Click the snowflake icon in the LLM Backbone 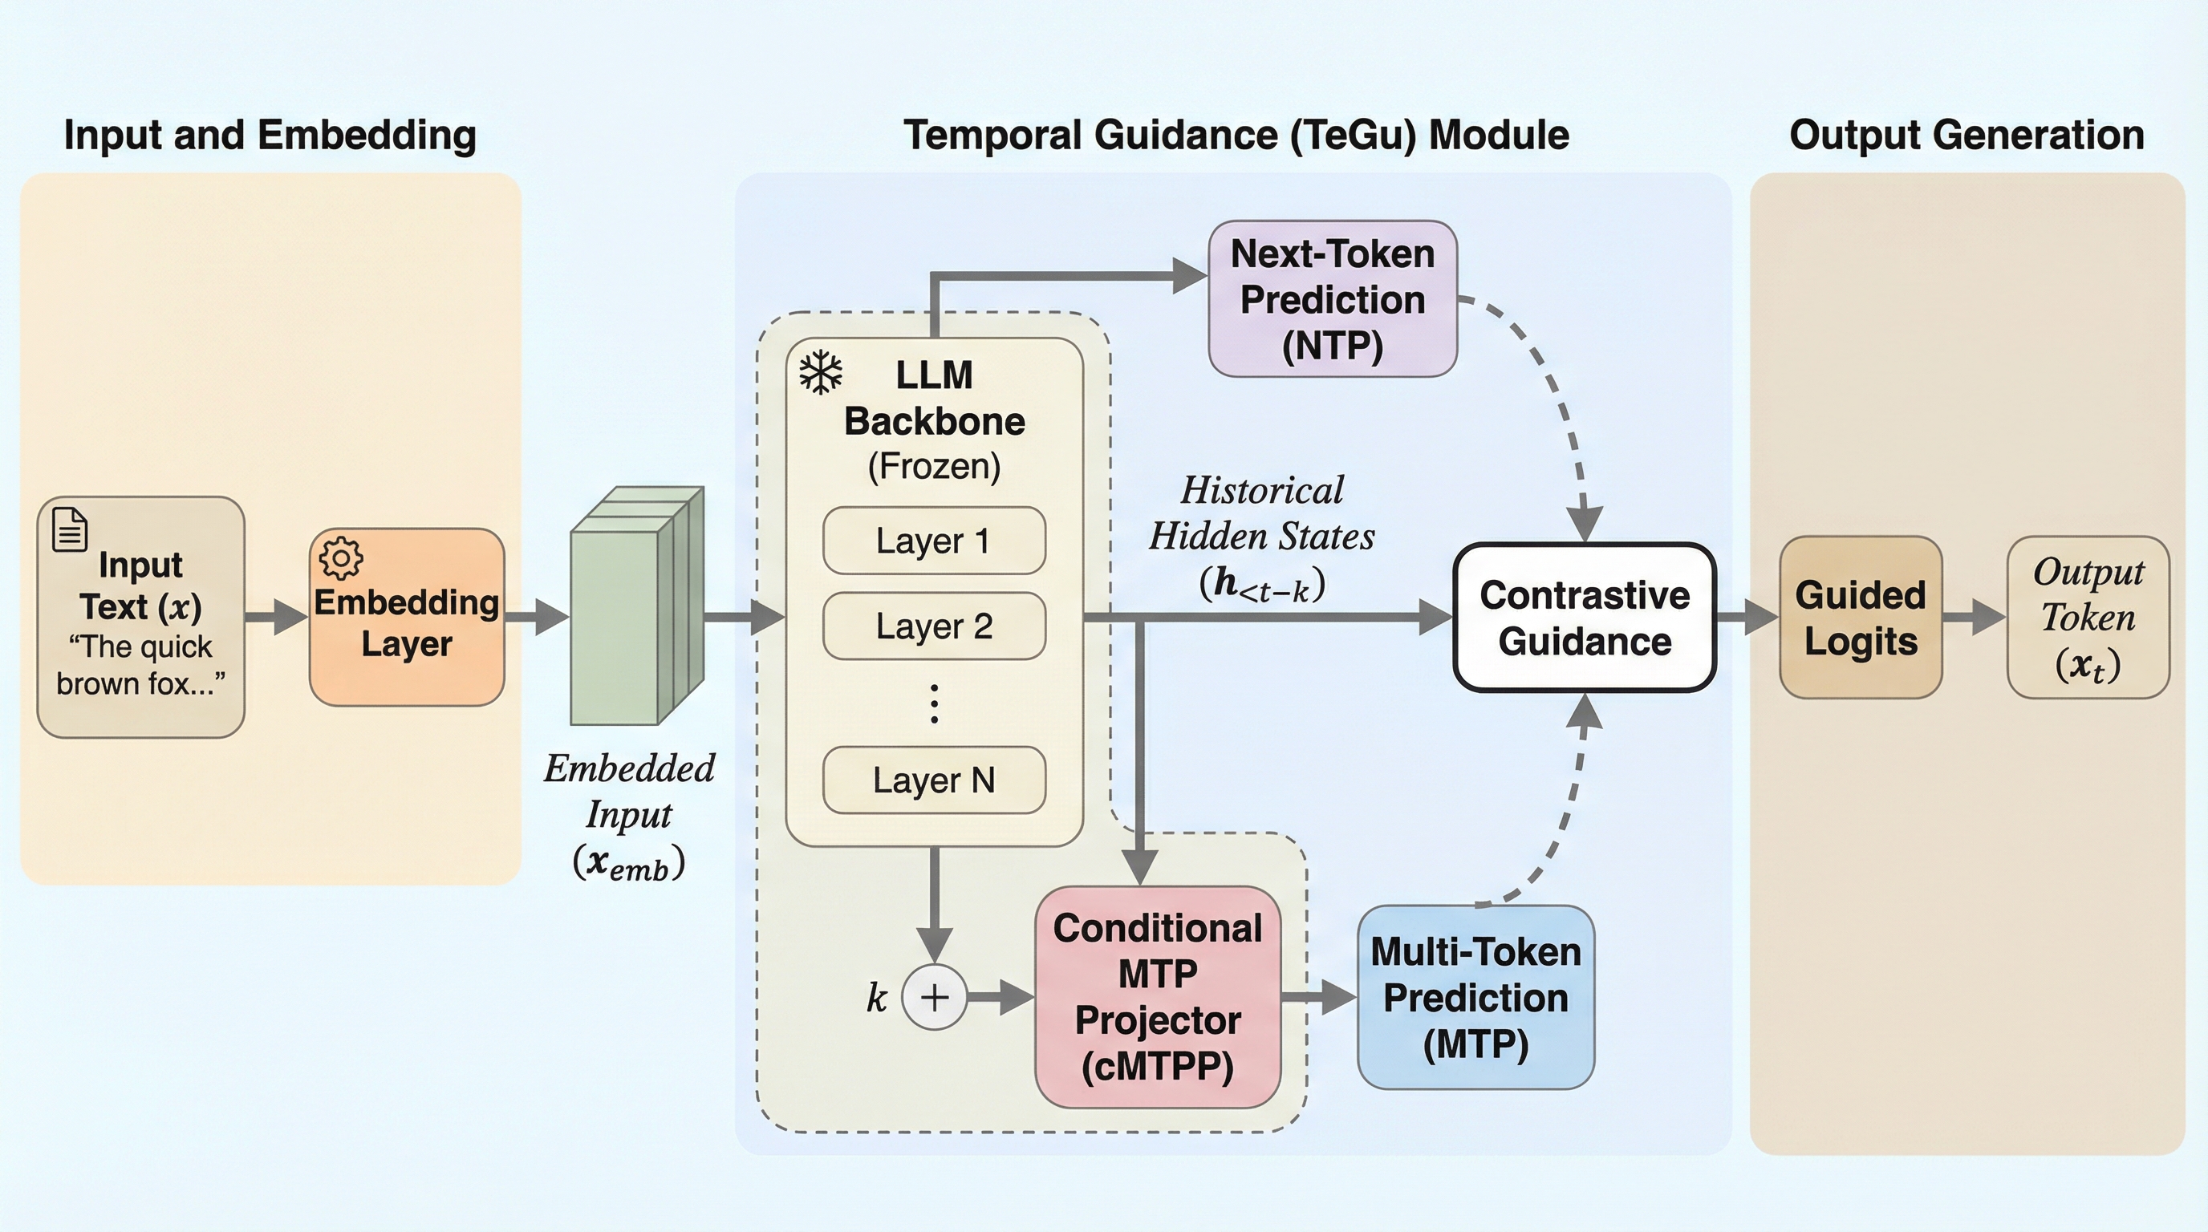820,372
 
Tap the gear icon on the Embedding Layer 340,558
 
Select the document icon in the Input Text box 70,529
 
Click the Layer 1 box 933,541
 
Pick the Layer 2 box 933,626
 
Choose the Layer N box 933,780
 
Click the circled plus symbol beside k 934,996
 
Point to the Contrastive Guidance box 1584,618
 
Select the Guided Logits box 1860,618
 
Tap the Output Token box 2088,618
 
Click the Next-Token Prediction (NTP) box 1332,299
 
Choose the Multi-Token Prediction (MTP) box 1475,997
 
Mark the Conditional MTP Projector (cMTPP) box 1157,997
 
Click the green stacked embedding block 635,607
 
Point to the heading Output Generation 1966,136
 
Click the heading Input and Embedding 270,136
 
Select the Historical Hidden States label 1262,537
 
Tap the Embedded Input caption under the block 629,815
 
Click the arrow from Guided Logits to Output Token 1973,618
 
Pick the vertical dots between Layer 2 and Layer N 933,703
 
